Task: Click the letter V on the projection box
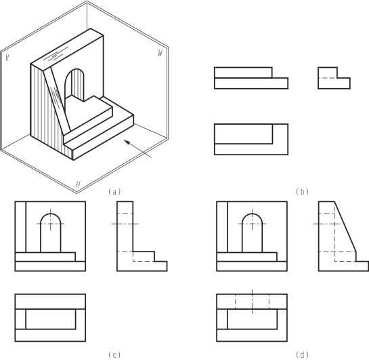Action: (7, 58)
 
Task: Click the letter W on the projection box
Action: (160, 53)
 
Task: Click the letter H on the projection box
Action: (78, 184)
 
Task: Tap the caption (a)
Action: (114, 192)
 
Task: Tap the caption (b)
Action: (302, 192)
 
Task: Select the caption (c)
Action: (114, 355)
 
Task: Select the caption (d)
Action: (302, 355)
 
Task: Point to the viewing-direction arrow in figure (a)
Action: (138, 149)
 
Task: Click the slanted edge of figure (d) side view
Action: (345, 226)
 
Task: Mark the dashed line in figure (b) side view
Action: (328, 78)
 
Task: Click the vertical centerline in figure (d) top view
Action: (253, 302)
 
